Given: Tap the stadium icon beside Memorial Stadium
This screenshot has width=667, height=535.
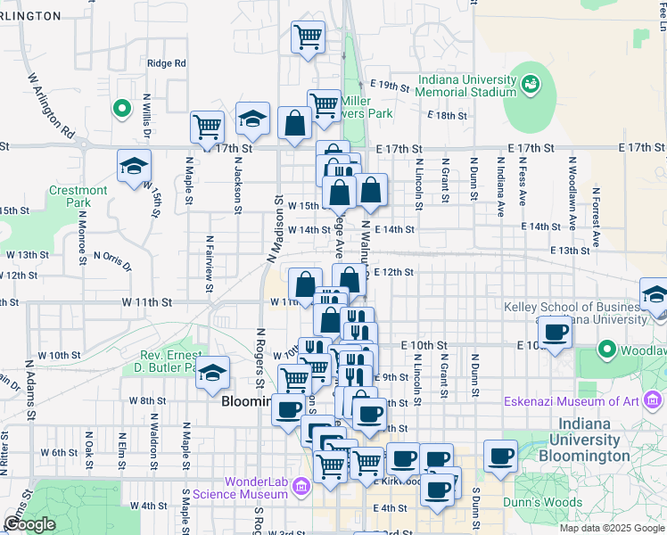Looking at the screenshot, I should click(x=531, y=84).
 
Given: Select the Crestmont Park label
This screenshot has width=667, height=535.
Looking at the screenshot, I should click(x=78, y=196).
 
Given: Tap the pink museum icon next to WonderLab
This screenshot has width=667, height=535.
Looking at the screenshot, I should click(x=301, y=486).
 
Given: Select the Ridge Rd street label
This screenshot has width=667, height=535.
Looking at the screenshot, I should click(x=166, y=63).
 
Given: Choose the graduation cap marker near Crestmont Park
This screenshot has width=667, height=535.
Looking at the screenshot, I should click(x=135, y=167).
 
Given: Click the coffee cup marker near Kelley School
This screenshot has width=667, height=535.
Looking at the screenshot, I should click(x=556, y=333).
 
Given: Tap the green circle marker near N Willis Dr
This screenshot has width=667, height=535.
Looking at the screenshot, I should click(x=121, y=108).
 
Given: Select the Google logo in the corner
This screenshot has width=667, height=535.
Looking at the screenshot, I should click(x=29, y=523).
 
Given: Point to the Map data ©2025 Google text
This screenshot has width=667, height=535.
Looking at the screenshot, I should click(x=611, y=528).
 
